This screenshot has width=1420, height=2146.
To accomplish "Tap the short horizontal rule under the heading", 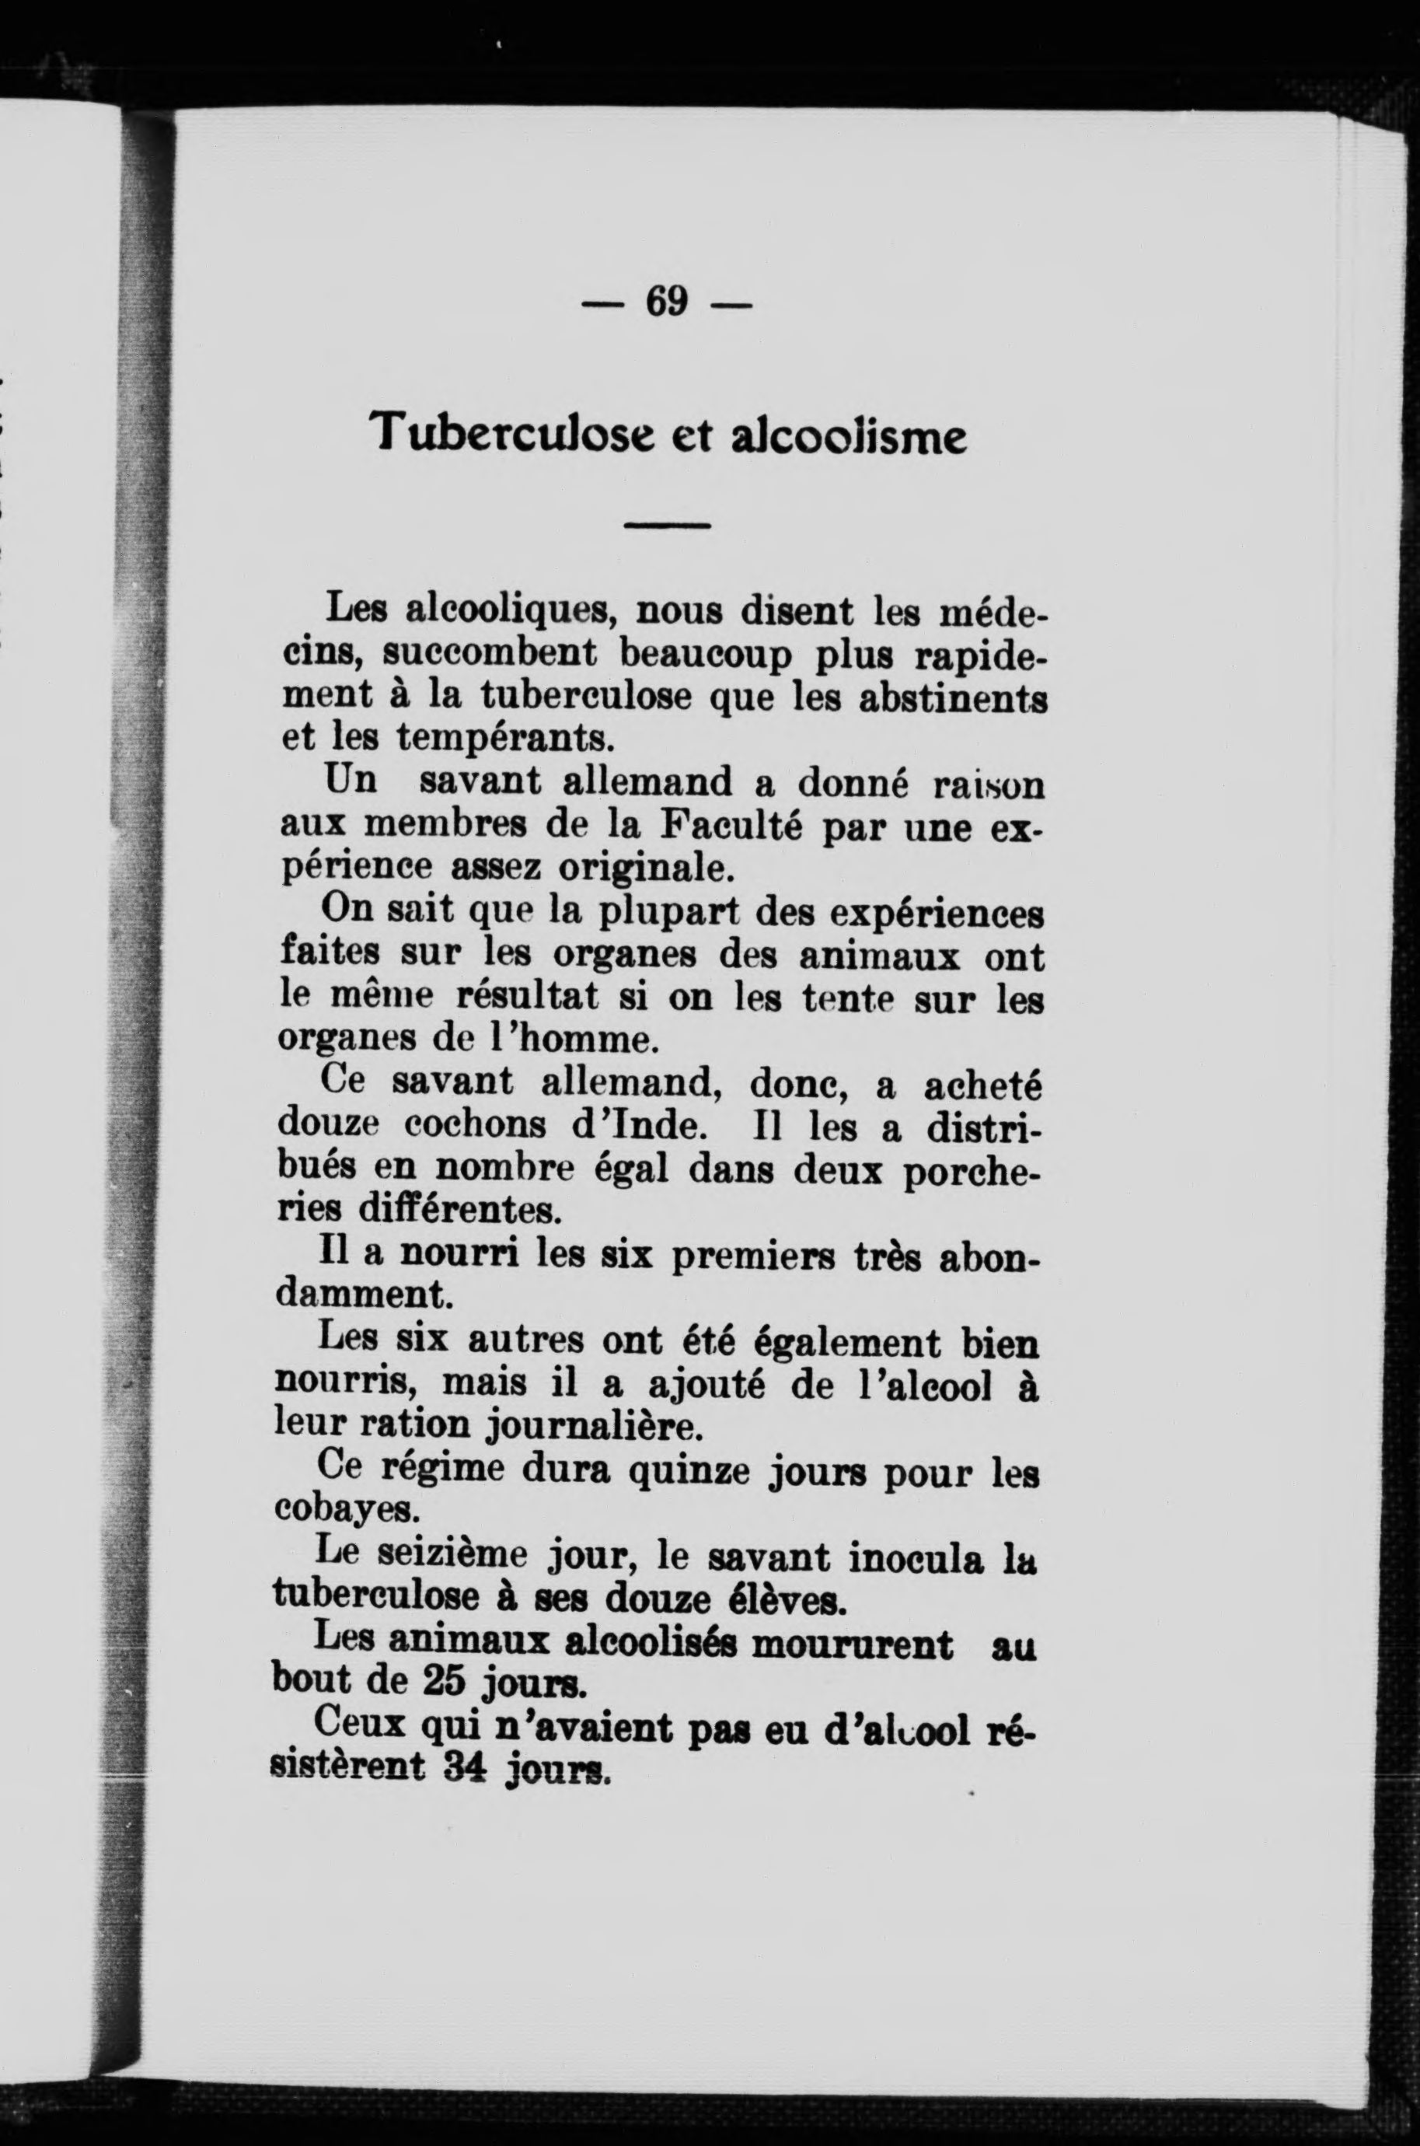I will coord(668,526).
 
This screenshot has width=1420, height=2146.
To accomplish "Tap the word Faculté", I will coord(734,827).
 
